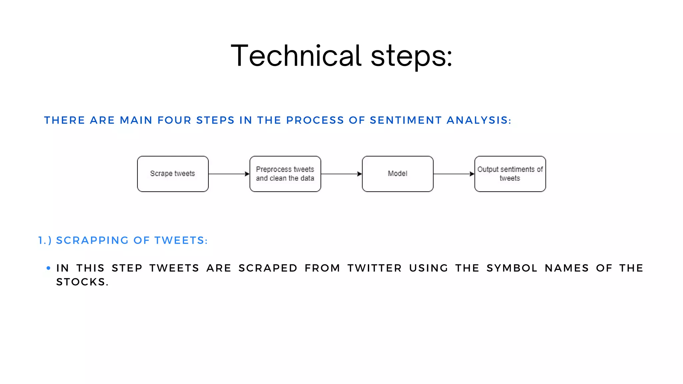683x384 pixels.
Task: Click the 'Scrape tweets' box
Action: tap(173, 174)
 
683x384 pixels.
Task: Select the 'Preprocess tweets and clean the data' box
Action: tap(285, 174)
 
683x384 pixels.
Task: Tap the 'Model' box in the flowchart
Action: tap(398, 174)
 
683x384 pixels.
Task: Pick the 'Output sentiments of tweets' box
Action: tap(510, 174)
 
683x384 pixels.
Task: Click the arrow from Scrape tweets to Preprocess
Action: tap(229, 174)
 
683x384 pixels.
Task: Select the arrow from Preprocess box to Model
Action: tap(341, 174)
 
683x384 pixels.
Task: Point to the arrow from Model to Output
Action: tap(454, 174)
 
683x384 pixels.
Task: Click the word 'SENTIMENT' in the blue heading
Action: tap(406, 120)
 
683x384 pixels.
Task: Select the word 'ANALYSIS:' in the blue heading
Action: tap(479, 120)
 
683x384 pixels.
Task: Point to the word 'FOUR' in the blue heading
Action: tap(174, 120)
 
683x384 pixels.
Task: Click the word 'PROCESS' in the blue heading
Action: tap(315, 120)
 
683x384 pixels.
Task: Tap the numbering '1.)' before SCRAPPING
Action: tap(45, 240)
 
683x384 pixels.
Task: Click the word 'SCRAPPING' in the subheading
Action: tap(92, 240)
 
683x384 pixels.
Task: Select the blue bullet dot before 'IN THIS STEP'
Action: tap(49, 268)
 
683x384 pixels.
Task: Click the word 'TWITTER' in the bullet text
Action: tap(375, 268)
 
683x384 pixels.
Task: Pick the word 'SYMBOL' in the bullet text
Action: tap(512, 268)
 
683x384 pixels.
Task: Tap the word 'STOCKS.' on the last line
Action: tap(82, 282)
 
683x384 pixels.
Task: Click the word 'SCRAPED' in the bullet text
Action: tap(268, 268)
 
